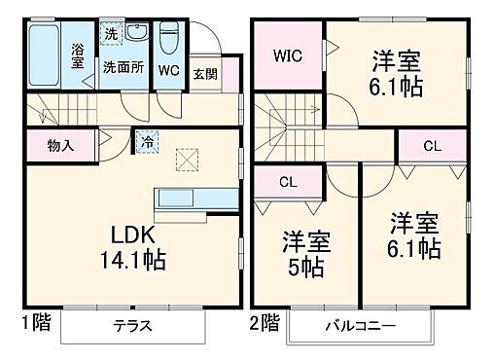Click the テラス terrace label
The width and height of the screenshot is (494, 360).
(x=132, y=326)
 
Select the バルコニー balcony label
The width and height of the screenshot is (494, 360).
(x=360, y=326)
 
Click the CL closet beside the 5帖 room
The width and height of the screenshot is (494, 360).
(x=288, y=181)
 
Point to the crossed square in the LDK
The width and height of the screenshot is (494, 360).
(x=185, y=157)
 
